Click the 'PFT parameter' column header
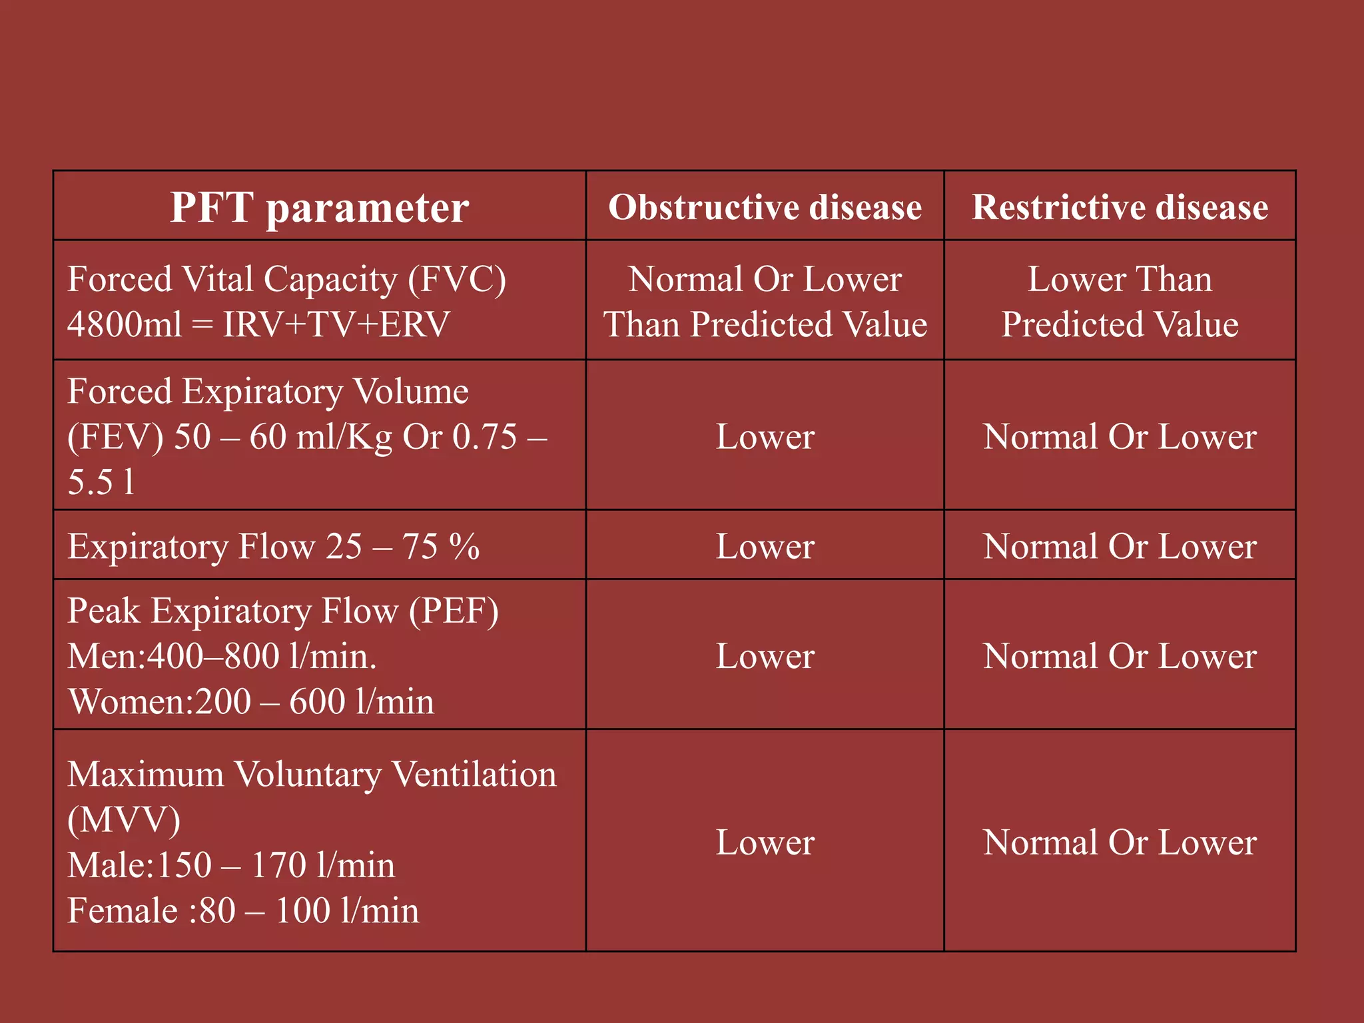[x=319, y=208]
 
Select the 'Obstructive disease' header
[x=765, y=207]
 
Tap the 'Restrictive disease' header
[x=1120, y=207]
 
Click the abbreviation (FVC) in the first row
[x=457, y=279]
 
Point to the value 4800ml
[x=125, y=325]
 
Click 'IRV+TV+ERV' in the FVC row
[x=336, y=325]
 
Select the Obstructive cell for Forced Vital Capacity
[x=765, y=302]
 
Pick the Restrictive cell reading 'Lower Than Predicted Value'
[x=1120, y=302]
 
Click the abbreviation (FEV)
[x=115, y=437]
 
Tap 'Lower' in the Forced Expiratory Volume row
[x=765, y=437]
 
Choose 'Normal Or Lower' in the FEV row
[x=1120, y=437]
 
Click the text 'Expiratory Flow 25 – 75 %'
[x=273, y=547]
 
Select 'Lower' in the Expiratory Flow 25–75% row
[x=765, y=547]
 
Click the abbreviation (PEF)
[x=454, y=611]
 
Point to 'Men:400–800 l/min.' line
[x=222, y=657]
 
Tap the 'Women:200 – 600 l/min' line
[x=251, y=702]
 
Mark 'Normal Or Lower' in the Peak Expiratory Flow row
[x=1120, y=657]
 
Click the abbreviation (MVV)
[x=124, y=820]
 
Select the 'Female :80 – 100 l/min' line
[x=243, y=910]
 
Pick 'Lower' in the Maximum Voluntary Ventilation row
[x=765, y=843]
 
